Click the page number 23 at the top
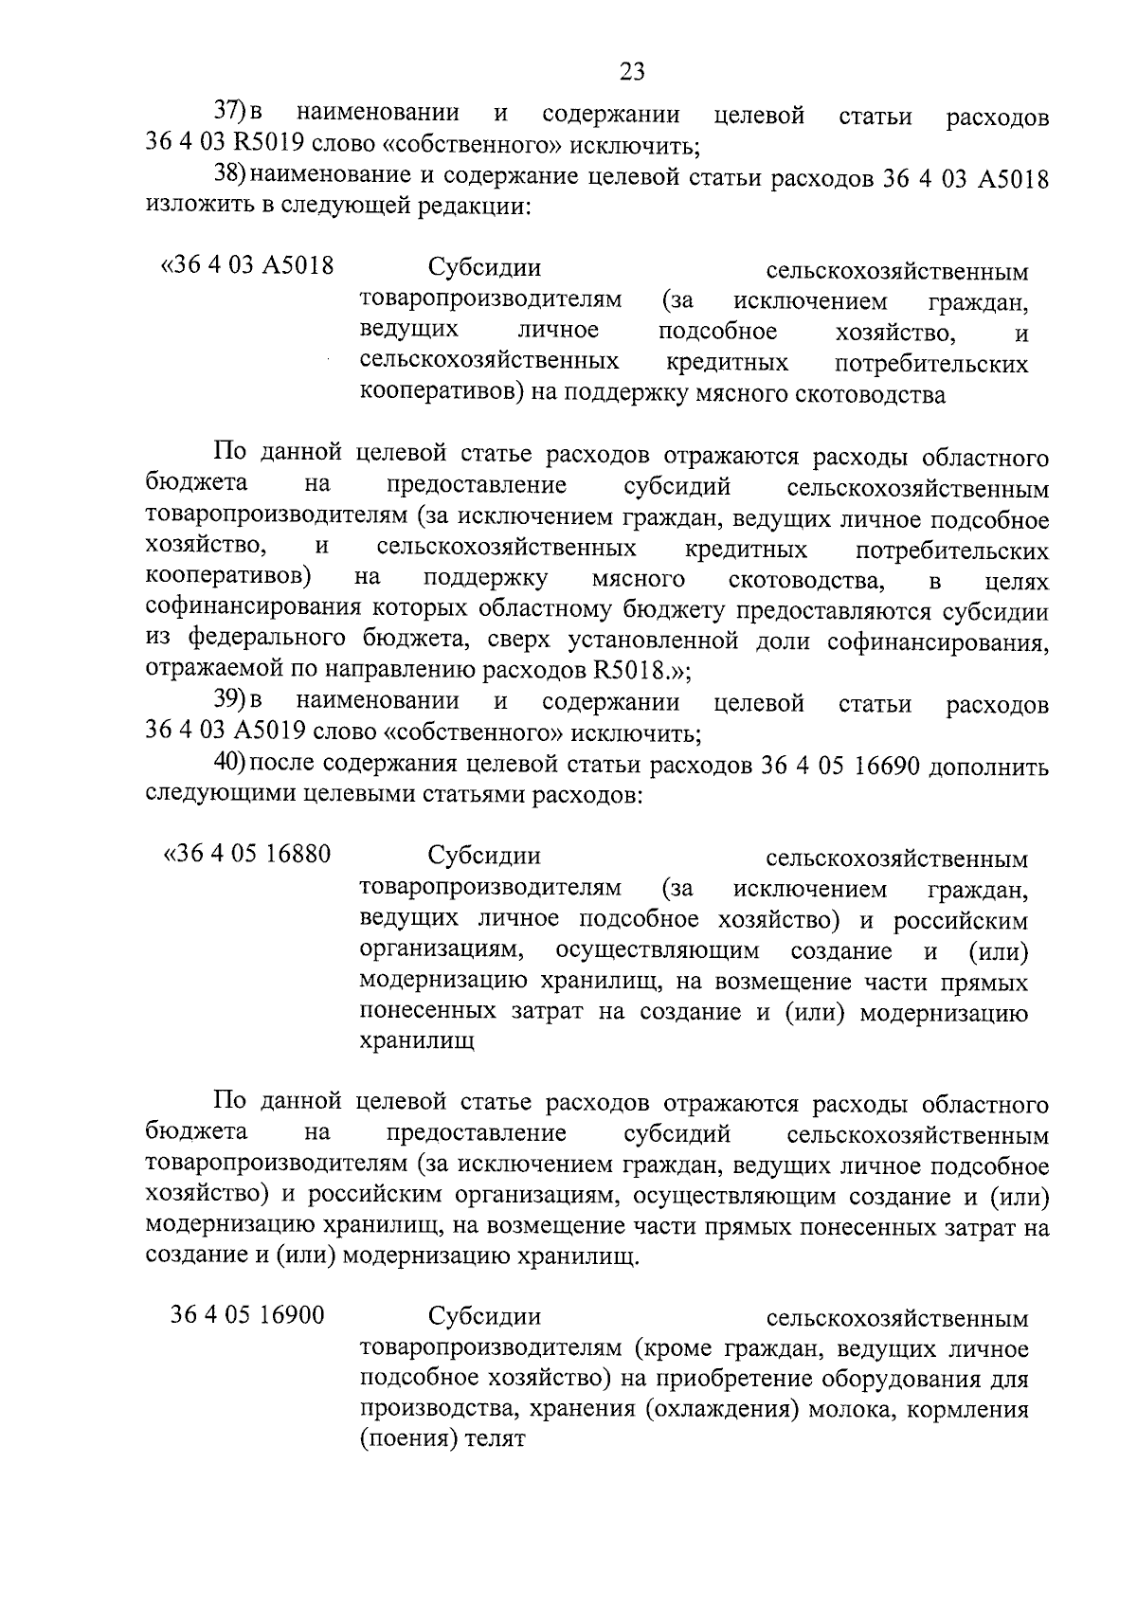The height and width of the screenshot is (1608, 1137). coord(632,71)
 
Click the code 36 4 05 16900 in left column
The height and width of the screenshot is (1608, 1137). coord(247,1316)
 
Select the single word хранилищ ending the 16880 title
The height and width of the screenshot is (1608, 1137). coord(417,1042)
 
